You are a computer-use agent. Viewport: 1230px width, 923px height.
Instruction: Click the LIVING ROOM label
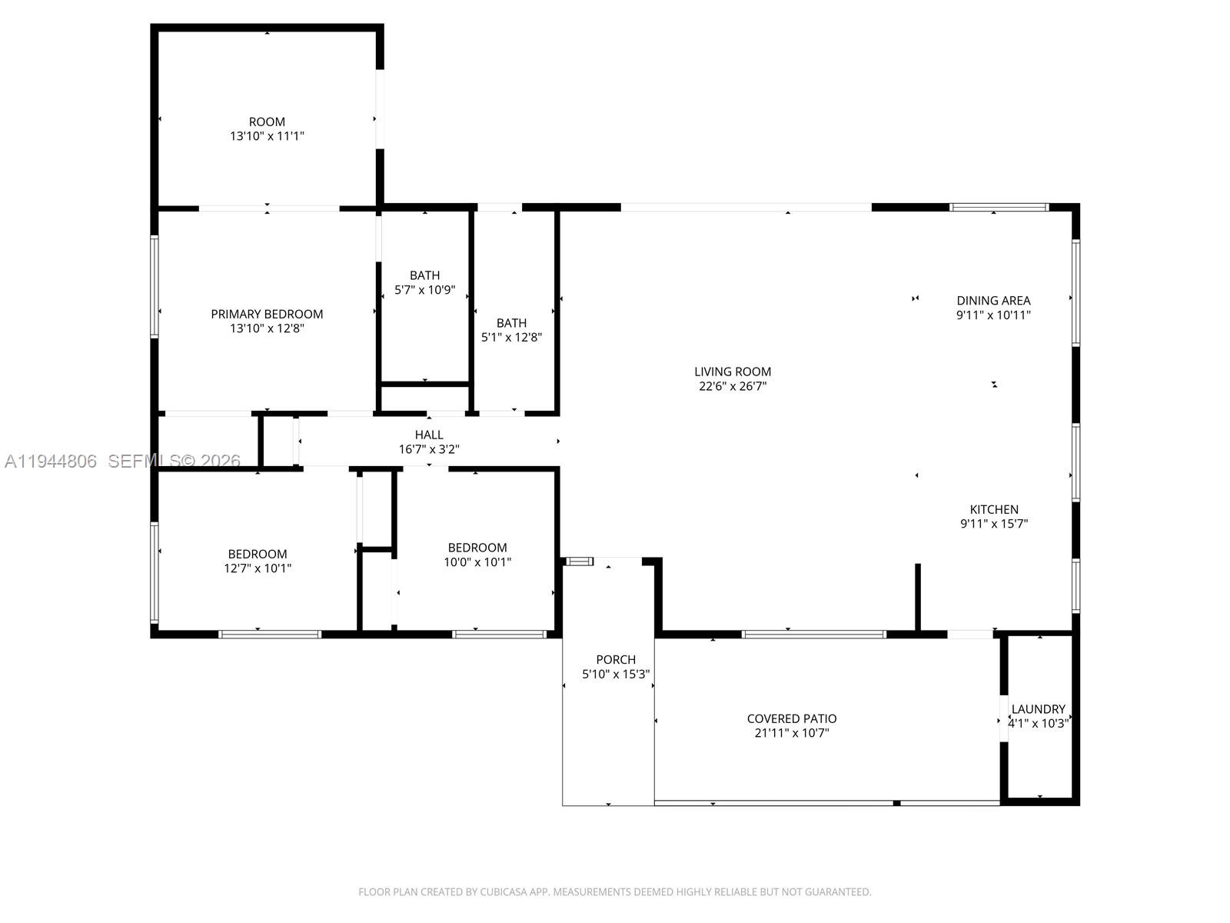[732, 372]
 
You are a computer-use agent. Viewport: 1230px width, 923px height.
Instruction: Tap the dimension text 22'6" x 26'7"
[732, 386]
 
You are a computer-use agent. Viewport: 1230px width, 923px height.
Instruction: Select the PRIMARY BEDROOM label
[267, 314]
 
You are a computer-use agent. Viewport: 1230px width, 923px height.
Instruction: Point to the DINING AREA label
[993, 301]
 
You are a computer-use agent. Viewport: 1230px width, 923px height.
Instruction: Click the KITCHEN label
[993, 509]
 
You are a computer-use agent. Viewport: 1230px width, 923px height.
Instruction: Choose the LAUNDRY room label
[1038, 709]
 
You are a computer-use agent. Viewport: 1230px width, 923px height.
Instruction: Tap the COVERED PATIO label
[791, 718]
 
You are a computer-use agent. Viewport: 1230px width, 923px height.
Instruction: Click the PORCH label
[616, 659]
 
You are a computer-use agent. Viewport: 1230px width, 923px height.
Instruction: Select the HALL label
[429, 435]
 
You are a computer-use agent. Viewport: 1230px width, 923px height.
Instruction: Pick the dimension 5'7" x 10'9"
[424, 290]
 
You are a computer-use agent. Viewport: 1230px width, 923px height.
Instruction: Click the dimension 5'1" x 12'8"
[511, 337]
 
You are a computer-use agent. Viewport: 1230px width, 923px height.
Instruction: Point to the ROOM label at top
[267, 122]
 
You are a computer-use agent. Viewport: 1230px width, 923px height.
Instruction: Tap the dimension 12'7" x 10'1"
[258, 568]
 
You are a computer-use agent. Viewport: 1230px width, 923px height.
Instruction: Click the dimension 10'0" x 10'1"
[477, 561]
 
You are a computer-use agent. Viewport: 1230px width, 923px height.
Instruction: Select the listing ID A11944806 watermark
[51, 461]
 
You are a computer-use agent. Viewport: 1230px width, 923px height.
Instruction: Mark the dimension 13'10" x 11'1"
[267, 136]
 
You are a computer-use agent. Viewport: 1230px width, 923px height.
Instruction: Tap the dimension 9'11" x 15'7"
[993, 524]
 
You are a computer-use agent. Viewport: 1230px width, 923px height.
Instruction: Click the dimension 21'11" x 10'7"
[791, 733]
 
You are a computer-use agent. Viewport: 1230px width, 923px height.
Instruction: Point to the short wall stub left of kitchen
[917, 597]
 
